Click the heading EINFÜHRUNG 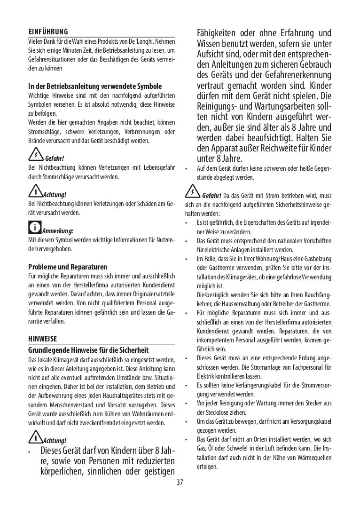pos(48,32)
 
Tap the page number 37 pos(180,483)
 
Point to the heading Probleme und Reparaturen pos(68,267)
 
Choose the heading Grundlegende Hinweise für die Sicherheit pos(88,350)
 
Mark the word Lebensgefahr pos(157,167)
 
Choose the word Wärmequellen pos(313,457)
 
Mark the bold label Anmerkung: pos(57,231)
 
